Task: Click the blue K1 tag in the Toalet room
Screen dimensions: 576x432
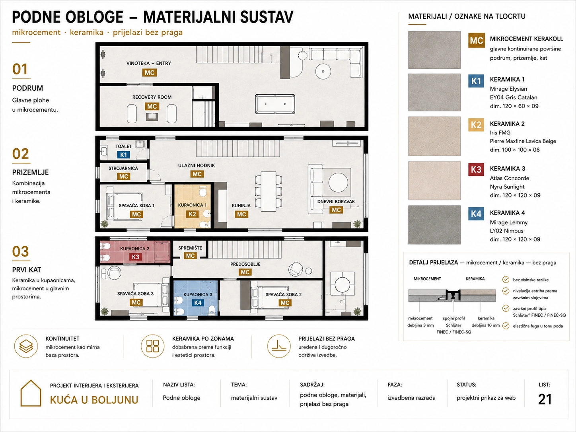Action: coord(123,155)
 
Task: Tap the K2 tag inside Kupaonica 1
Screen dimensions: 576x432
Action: coord(192,214)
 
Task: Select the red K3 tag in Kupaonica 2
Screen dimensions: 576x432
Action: coord(135,257)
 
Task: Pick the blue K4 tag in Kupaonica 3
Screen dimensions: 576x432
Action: coord(198,303)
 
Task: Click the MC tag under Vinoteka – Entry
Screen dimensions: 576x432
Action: coord(150,73)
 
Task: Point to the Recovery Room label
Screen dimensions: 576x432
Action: coord(152,97)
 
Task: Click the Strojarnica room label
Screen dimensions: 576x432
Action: coord(123,168)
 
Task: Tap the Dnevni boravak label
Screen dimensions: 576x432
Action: coord(336,201)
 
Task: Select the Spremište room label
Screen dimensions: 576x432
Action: coord(190,248)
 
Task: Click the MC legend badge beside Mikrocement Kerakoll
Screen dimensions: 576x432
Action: coord(476,41)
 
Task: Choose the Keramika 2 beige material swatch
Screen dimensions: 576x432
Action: coord(434,136)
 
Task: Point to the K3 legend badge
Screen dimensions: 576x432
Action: coord(476,169)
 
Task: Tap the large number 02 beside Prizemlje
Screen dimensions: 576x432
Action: coord(20,154)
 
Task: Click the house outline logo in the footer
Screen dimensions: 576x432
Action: coord(31,393)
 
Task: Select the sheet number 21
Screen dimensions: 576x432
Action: coord(545,399)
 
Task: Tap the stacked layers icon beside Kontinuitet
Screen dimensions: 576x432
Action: coord(26,346)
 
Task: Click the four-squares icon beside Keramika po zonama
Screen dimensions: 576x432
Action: coord(152,346)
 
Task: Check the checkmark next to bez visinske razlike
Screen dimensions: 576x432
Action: coord(506,280)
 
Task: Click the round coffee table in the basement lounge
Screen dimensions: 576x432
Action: coord(323,71)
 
